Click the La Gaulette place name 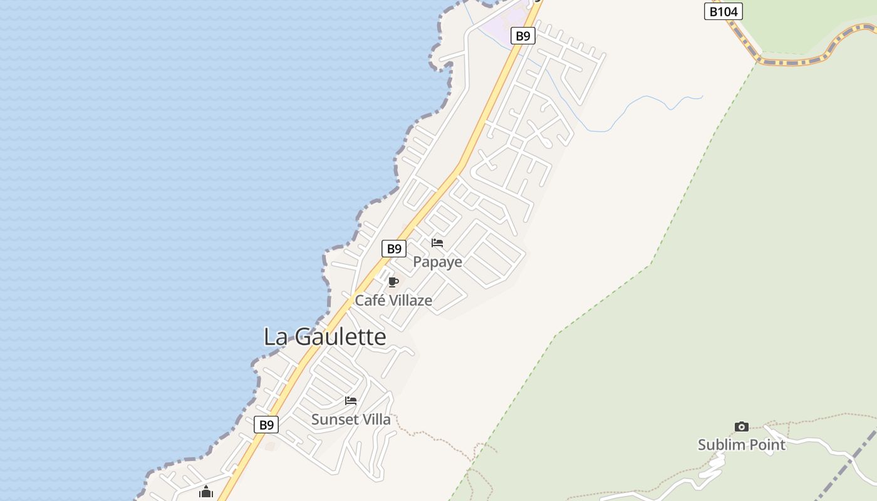[324, 337]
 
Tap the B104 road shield [723, 11]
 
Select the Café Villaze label [393, 301]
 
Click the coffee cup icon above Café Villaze [393, 282]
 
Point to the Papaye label [437, 262]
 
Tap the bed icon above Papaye [437, 243]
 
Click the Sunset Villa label [351, 420]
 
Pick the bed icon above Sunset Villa [351, 401]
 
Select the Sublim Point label [742, 445]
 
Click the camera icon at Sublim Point [742, 427]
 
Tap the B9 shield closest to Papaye [393, 249]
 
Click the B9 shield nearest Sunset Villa [267, 425]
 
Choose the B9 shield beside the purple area [522, 36]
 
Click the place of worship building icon [206, 492]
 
